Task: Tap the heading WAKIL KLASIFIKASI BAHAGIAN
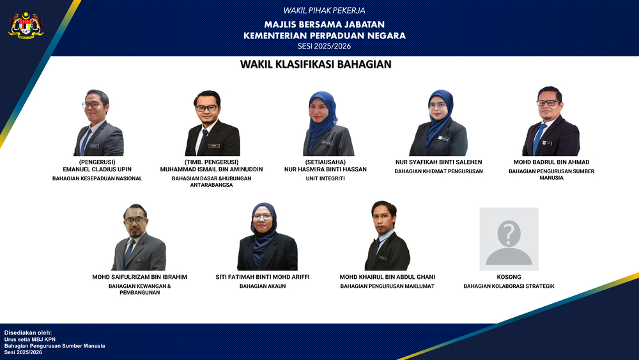316,65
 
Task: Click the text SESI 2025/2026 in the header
324,46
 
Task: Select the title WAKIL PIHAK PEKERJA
324,10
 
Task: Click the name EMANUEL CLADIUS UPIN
97,169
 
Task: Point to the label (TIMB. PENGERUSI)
211,162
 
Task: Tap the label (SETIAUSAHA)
325,162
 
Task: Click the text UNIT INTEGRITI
325,179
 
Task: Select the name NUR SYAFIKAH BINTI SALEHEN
438,162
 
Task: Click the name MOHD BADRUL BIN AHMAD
551,162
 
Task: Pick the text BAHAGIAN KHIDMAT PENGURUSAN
438,171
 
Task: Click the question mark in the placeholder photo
509,233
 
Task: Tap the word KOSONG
509,277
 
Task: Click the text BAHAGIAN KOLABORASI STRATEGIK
509,286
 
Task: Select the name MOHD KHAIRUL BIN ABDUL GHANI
387,277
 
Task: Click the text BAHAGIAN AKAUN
263,286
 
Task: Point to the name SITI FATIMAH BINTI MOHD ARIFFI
263,277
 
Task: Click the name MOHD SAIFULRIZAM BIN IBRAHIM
139,277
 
